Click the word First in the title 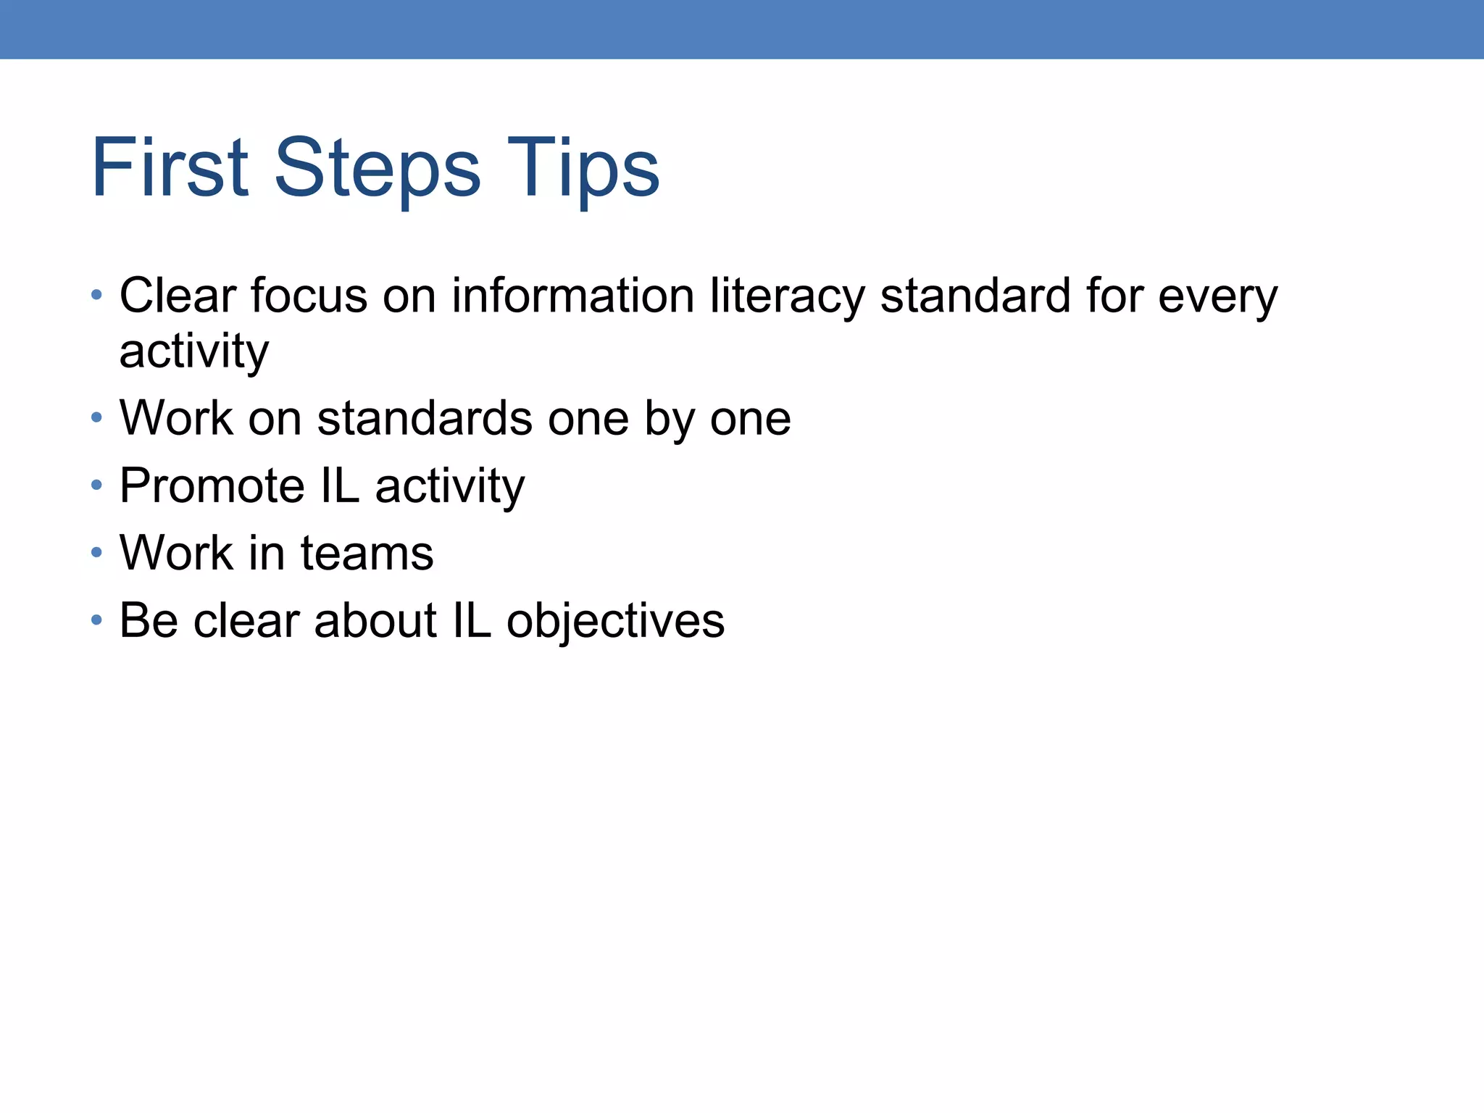point(170,168)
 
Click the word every point(1217,297)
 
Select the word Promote point(212,485)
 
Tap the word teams point(367,554)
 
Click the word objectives point(615,622)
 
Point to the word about point(375,621)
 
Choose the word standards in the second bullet point(425,419)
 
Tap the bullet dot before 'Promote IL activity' point(96,485)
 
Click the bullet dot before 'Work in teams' point(96,554)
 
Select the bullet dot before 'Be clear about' point(96,621)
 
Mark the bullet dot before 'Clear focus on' point(96,296)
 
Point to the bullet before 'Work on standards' point(96,418)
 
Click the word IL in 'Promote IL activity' point(339,485)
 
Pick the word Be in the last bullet point(149,621)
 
